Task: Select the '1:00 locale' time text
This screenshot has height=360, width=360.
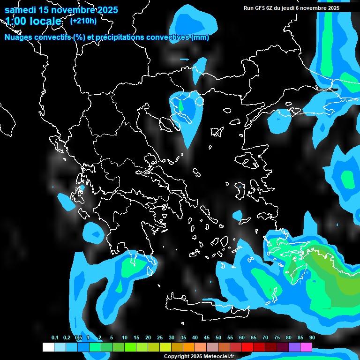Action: click(x=33, y=21)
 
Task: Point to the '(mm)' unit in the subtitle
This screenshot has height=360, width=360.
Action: click(x=201, y=37)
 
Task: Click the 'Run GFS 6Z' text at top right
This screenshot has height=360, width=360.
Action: click(x=259, y=8)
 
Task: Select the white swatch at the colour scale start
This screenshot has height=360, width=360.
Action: click(x=48, y=347)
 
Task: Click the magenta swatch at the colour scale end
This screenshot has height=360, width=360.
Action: click(x=306, y=347)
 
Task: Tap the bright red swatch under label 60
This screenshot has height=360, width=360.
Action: click(x=247, y=347)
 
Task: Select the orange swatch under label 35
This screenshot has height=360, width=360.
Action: click(x=189, y=347)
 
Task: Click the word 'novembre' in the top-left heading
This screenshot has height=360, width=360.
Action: click(x=71, y=10)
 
